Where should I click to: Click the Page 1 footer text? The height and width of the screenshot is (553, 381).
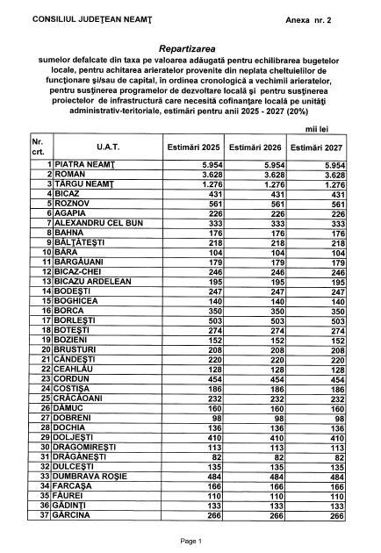click(190, 542)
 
